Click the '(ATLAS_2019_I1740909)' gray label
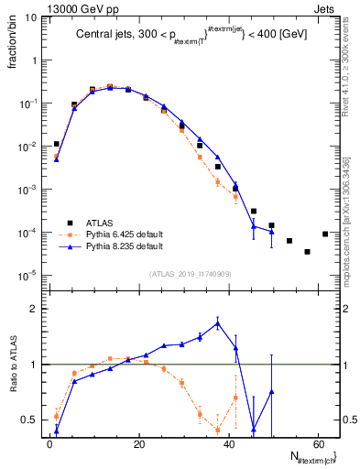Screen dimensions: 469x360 pos(189,273)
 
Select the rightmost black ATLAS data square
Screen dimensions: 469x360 pos(325,234)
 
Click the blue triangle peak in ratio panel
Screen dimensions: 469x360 pos(218,322)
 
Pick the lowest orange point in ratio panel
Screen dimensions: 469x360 pos(218,430)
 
